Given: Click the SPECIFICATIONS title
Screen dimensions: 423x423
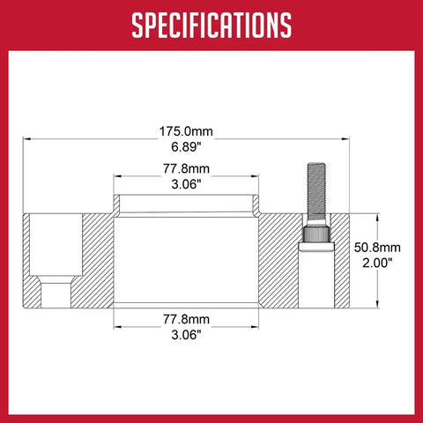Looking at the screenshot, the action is (x=211, y=26).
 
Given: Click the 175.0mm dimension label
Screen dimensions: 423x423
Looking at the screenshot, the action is (x=186, y=131).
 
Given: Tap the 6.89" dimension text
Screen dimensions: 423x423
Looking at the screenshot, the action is (x=186, y=147).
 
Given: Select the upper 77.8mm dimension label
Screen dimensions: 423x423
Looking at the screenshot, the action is (x=186, y=169).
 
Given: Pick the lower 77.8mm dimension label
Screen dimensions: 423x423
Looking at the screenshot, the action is (x=186, y=319).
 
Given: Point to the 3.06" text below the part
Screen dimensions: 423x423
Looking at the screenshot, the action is (x=186, y=335).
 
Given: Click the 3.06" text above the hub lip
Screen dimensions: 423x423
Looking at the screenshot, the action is (x=186, y=184).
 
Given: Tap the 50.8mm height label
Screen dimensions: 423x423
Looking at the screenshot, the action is (x=377, y=248).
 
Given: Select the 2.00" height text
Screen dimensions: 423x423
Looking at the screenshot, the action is (x=377, y=263).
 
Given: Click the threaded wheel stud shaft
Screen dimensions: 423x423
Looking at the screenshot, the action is (x=316, y=191).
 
